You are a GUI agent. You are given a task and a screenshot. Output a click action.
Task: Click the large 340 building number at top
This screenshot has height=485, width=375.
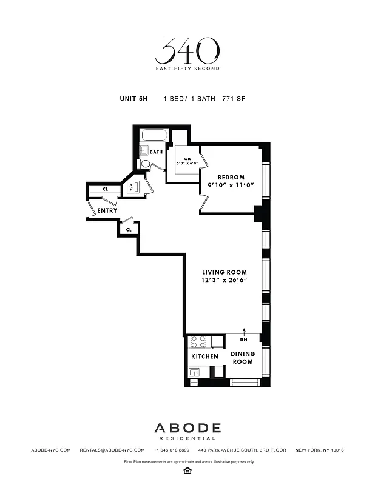(187, 52)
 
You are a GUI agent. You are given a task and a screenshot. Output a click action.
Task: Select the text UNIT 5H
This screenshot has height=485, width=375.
(133, 98)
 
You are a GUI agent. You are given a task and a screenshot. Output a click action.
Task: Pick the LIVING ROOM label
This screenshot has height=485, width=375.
(223, 272)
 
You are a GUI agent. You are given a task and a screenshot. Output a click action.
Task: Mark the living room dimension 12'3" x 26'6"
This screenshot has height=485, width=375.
(223, 281)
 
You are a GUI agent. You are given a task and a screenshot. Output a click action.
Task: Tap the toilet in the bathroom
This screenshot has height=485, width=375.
(146, 164)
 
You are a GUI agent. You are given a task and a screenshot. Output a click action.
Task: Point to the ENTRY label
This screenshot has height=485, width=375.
(107, 210)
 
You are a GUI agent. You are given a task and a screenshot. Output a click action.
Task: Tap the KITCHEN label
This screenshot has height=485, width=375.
(204, 356)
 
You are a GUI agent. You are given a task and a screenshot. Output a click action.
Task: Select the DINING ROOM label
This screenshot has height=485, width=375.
(242, 358)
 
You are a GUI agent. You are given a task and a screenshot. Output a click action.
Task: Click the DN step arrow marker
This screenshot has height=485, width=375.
(245, 335)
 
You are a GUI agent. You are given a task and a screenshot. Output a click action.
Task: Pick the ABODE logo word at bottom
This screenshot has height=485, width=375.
(187, 428)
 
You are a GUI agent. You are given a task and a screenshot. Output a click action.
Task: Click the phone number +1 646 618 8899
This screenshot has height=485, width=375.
(172, 450)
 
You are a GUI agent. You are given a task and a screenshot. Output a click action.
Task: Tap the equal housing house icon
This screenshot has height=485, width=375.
(187, 470)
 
